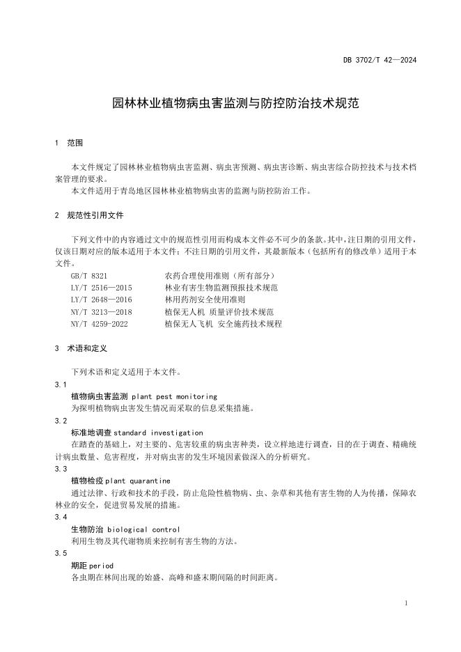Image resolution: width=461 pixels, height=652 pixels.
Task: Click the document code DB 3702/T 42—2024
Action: pyautogui.click(x=380, y=60)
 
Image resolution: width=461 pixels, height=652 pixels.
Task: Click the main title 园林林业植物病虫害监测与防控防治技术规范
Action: pyautogui.click(x=236, y=104)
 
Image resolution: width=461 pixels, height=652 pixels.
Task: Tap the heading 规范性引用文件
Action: pyautogui.click(x=95, y=215)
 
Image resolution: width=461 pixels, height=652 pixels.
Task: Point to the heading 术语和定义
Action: pyautogui.click(x=86, y=348)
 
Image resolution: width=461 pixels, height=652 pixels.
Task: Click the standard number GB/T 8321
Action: pyautogui.click(x=89, y=276)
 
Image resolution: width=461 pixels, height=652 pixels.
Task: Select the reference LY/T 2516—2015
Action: pyautogui.click(x=101, y=288)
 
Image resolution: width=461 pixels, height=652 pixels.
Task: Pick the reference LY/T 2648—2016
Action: pyautogui.click(x=101, y=300)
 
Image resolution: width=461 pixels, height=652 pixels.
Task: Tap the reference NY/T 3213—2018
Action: pyautogui.click(x=101, y=311)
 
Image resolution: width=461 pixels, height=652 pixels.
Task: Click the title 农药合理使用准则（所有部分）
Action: pyautogui.click(x=221, y=276)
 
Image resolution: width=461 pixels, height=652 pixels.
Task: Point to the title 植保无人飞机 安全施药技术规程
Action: pyautogui.click(x=224, y=324)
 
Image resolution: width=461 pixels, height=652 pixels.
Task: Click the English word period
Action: pyautogui.click(x=101, y=565)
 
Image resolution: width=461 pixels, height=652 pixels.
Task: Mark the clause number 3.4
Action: pyautogui.click(x=61, y=517)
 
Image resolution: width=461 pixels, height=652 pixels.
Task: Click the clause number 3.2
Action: pyautogui.click(x=61, y=421)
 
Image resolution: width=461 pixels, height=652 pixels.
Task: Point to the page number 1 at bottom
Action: pyautogui.click(x=405, y=602)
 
